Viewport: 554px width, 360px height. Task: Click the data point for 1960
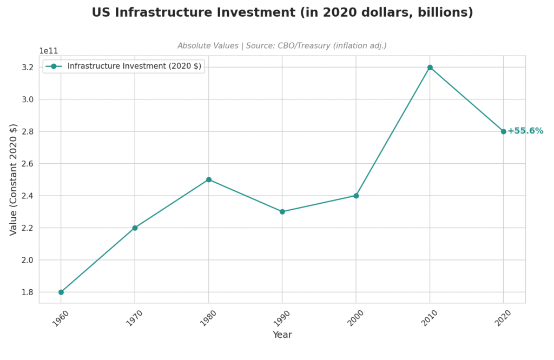point(61,292)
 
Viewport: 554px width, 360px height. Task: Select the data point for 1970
point(135,228)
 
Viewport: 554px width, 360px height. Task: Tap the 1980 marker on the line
point(209,179)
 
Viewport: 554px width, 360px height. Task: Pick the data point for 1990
point(282,211)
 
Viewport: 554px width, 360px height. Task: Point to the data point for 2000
point(356,196)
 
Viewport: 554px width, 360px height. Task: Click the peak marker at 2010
point(430,67)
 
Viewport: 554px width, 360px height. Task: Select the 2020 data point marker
point(504,131)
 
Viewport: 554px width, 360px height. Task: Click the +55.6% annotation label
point(525,131)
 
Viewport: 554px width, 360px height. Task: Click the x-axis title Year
point(282,335)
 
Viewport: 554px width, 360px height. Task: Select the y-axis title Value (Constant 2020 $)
point(14,179)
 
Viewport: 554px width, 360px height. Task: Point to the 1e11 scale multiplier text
point(49,51)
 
